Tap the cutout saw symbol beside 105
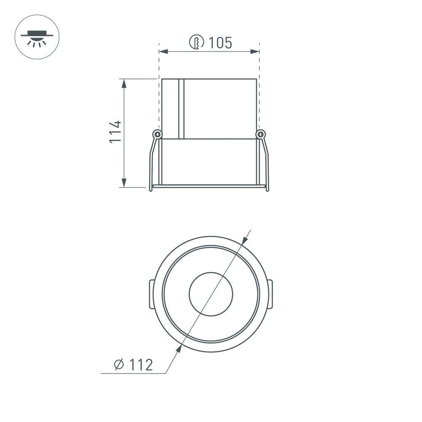pyautogui.click(x=197, y=42)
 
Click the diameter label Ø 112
pyautogui.click(x=133, y=364)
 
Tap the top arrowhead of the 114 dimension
pyautogui.click(x=124, y=83)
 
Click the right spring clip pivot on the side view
pyautogui.click(x=261, y=135)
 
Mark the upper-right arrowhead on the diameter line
pyautogui.click(x=245, y=241)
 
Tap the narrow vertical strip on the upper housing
pyautogui.click(x=181, y=108)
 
